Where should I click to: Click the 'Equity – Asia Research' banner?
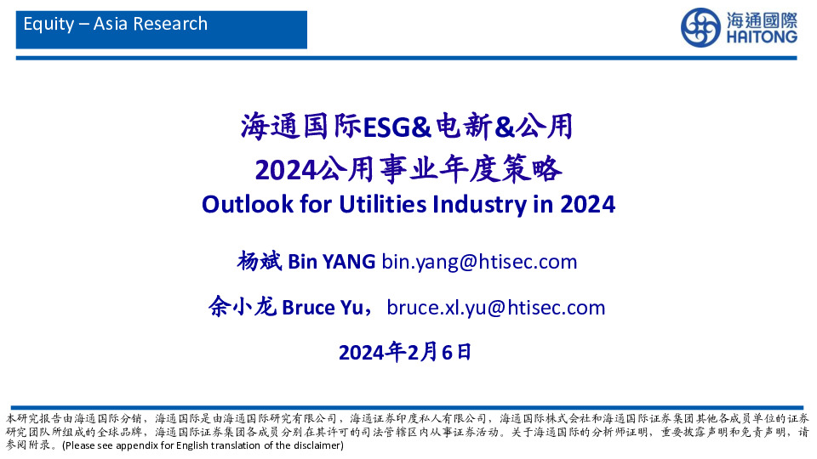pyautogui.click(x=116, y=24)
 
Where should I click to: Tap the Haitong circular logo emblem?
pyautogui.click(x=700, y=28)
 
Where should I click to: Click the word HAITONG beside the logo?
pyautogui.click(x=762, y=37)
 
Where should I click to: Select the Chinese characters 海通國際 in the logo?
pyautogui.click(x=762, y=19)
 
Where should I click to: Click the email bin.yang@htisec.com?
pyautogui.click(x=479, y=261)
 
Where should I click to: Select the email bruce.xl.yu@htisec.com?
pyautogui.click(x=495, y=307)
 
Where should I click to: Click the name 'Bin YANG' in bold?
pyautogui.click(x=331, y=261)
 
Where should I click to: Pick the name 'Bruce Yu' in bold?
pyautogui.click(x=319, y=307)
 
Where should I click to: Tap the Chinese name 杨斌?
pyautogui.click(x=260, y=261)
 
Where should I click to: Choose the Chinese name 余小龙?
pyautogui.click(x=243, y=307)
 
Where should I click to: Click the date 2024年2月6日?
pyautogui.click(x=404, y=352)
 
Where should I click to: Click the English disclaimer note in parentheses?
pyautogui.click(x=203, y=445)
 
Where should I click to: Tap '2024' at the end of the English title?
pyautogui.click(x=587, y=205)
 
